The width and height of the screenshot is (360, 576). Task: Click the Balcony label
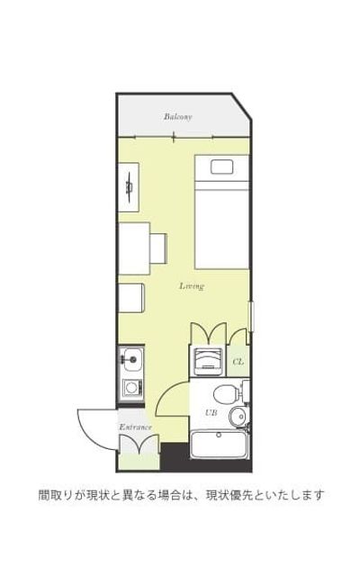click(178, 117)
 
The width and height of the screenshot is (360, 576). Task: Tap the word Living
click(192, 286)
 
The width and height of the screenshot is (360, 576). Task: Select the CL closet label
click(238, 362)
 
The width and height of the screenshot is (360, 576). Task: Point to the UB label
click(211, 412)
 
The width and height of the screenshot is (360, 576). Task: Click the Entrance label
click(135, 427)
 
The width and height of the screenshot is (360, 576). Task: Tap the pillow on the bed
click(222, 167)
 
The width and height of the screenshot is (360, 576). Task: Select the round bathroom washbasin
click(238, 417)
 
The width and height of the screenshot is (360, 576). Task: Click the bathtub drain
click(219, 435)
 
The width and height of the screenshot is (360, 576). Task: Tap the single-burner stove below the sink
click(131, 387)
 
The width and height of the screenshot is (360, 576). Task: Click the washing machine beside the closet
click(208, 361)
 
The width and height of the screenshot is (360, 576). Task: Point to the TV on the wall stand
click(130, 186)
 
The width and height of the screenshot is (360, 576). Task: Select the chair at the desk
click(158, 248)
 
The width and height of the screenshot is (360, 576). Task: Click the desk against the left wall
click(134, 248)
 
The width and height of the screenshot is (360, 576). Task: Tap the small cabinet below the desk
click(130, 298)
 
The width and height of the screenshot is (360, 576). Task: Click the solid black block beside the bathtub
click(175, 456)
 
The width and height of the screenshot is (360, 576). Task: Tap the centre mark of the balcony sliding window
click(175, 138)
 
